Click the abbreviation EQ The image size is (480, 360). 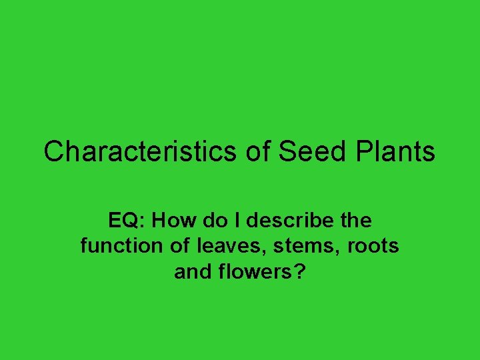(122, 220)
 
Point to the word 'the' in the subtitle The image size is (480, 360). (356, 220)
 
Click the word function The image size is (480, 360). (121, 246)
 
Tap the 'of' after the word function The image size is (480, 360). (180, 246)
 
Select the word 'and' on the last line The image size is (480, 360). (192, 272)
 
